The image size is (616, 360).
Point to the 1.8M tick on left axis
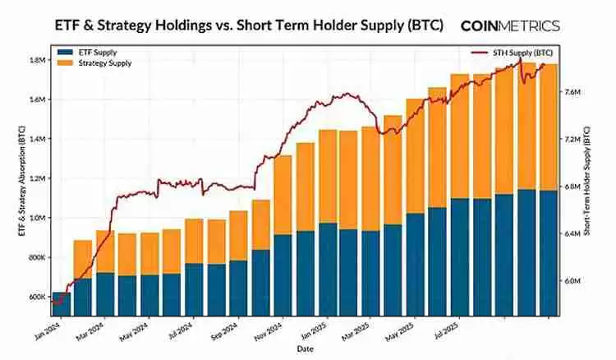[x=36, y=60]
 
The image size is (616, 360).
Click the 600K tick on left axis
[x=36, y=297]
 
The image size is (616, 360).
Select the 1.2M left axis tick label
[x=36, y=178]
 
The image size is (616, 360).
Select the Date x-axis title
[x=306, y=349]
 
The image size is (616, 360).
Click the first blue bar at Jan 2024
[x=61, y=304]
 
